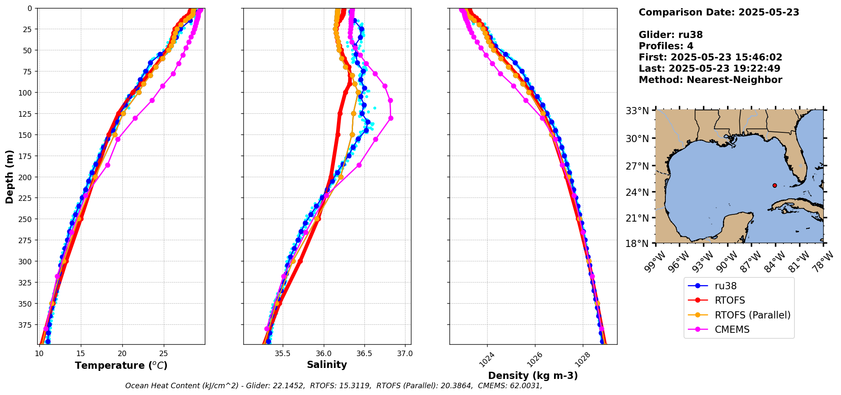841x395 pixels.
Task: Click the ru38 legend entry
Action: click(x=725, y=286)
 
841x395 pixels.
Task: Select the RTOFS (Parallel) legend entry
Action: click(x=752, y=315)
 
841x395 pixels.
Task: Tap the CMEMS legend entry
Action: click(x=732, y=329)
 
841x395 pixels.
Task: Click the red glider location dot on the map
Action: click(x=775, y=185)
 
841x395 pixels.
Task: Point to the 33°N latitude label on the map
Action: click(x=637, y=111)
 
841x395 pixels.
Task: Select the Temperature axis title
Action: click(x=121, y=365)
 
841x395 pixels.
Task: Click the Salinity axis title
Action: click(x=327, y=365)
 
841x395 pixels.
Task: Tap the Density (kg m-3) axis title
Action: click(x=533, y=376)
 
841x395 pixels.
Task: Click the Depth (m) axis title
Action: click(x=9, y=177)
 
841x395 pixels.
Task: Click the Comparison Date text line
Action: click(x=719, y=12)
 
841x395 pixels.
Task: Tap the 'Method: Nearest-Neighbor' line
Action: click(x=710, y=80)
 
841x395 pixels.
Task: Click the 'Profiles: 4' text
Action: click(x=666, y=46)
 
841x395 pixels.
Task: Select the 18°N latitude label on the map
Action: click(x=637, y=244)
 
